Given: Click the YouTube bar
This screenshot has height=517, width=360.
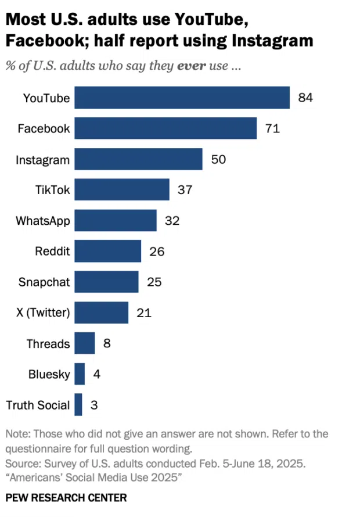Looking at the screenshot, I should pyautogui.click(x=182, y=98).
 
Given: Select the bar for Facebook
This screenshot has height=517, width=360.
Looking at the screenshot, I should pyautogui.click(x=165, y=128).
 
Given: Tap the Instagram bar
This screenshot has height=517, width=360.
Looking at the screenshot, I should pyautogui.click(x=138, y=159).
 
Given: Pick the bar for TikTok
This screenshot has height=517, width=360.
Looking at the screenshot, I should pyautogui.click(x=122, y=189).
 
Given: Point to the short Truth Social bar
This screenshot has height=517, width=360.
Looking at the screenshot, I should pyautogui.click(x=78, y=405).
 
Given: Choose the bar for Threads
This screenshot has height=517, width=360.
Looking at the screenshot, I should pyautogui.click(x=85, y=343).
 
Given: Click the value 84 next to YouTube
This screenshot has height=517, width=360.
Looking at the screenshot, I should pyautogui.click(x=305, y=98).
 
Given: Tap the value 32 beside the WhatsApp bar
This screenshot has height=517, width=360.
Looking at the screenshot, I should pyautogui.click(x=172, y=221).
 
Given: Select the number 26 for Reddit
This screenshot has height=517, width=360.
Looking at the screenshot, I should pyautogui.click(x=157, y=252).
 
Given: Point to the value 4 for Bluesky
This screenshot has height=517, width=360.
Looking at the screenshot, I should pyautogui.click(x=96, y=375).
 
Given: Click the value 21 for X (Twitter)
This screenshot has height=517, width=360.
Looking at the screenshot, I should pyautogui.click(x=144, y=313).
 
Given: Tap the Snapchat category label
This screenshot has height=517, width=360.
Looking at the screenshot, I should pyautogui.click(x=44, y=282).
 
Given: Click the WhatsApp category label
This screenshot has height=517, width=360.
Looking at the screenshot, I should pyautogui.click(x=43, y=221).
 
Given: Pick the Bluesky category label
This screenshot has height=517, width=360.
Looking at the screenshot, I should pyautogui.click(x=49, y=375).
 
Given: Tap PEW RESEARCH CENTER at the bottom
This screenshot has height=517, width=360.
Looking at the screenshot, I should pyautogui.click(x=66, y=498).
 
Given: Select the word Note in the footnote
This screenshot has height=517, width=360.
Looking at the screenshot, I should pyautogui.click(x=17, y=434).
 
